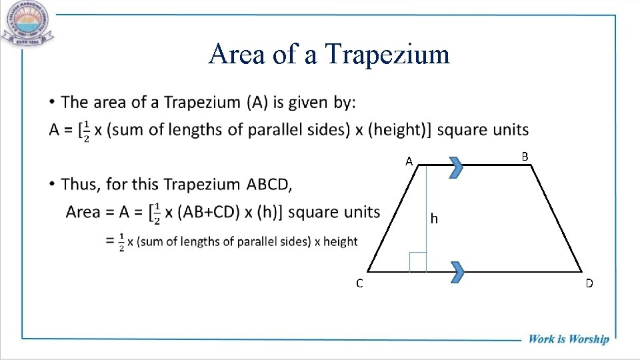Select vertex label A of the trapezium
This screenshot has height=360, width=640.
pyautogui.click(x=410, y=161)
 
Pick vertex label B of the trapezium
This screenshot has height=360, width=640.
pyautogui.click(x=525, y=156)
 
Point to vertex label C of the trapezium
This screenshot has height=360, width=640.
pyautogui.click(x=359, y=283)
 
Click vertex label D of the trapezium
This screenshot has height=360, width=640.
pyautogui.click(x=589, y=283)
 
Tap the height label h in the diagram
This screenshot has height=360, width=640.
pyautogui.click(x=434, y=218)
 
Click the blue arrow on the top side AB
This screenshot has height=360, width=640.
pyautogui.click(x=456, y=167)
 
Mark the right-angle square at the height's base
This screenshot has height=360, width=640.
pyautogui.click(x=417, y=262)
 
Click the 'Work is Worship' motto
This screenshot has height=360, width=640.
pyautogui.click(x=569, y=339)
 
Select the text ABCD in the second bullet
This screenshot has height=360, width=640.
pyautogui.click(x=269, y=183)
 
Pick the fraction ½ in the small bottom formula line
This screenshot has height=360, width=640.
pyautogui.click(x=121, y=241)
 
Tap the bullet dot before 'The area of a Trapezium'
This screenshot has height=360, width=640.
pyautogui.click(x=51, y=102)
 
